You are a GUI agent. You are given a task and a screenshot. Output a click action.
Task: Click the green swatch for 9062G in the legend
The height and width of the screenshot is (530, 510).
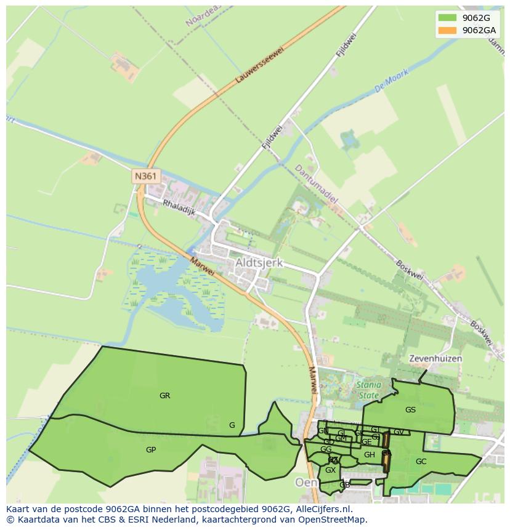click(x=447, y=18)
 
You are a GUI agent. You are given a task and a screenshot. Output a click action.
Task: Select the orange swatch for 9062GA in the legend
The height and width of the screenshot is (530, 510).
click(x=447, y=30)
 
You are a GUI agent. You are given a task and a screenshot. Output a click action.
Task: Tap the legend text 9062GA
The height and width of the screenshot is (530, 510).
click(x=479, y=30)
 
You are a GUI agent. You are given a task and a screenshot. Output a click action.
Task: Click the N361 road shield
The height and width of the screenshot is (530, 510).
click(x=146, y=176)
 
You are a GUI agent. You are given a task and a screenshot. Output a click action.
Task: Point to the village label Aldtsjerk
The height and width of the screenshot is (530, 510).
click(x=259, y=263)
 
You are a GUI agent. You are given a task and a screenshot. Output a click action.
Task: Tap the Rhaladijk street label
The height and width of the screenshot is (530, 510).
click(x=179, y=207)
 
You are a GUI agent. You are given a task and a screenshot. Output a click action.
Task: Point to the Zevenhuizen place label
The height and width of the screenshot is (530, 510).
click(x=435, y=358)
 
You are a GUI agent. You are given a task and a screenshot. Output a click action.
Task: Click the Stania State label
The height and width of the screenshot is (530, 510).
click(x=368, y=390)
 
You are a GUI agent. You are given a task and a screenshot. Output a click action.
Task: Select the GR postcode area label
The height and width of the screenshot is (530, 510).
click(x=164, y=396)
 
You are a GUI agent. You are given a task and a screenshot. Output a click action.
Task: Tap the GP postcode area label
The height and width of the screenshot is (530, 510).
click(x=151, y=450)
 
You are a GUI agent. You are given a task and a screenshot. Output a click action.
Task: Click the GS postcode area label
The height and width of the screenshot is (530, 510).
click(x=410, y=409)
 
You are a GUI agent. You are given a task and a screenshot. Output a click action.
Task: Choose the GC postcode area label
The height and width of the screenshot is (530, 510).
click(x=421, y=461)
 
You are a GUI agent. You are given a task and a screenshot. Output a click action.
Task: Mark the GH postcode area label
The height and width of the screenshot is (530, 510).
click(x=369, y=455)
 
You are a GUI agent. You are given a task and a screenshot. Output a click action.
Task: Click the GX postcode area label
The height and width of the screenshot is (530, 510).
click(x=330, y=470)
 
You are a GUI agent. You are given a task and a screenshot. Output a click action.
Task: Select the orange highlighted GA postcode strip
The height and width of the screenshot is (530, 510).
click(x=386, y=453)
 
